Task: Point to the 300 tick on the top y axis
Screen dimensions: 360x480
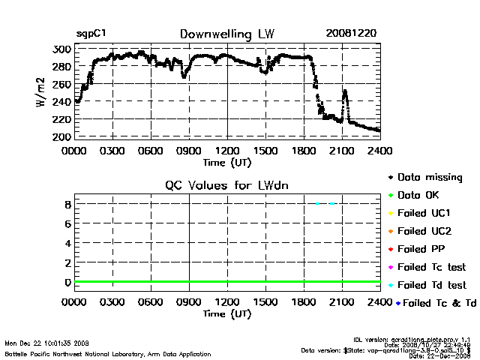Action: [61, 49]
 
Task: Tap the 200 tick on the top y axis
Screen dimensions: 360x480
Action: [61, 137]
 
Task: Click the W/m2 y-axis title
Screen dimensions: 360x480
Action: [42, 93]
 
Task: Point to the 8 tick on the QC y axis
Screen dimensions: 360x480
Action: [67, 204]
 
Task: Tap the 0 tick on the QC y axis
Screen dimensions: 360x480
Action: [67, 283]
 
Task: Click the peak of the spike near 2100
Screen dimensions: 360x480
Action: [345, 91]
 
